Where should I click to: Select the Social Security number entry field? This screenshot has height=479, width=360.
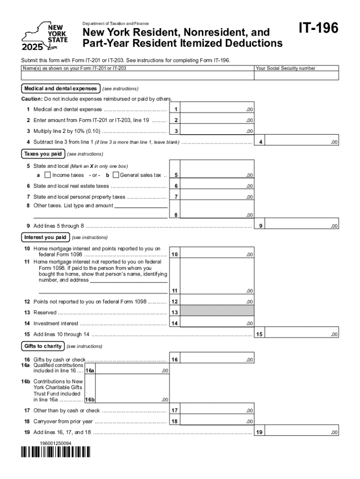[x=296, y=76]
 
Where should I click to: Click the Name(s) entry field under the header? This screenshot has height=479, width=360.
[x=137, y=76]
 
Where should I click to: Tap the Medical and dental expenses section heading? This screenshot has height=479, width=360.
[x=60, y=88]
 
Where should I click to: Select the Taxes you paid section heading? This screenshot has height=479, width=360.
[x=43, y=154]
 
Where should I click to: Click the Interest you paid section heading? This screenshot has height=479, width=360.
[x=45, y=237]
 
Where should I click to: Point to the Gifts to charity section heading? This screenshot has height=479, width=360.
[x=43, y=346]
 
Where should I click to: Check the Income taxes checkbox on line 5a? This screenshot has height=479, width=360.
[x=47, y=175]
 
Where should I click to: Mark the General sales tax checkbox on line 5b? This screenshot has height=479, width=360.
[x=115, y=175]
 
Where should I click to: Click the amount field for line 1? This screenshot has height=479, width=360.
[x=217, y=109]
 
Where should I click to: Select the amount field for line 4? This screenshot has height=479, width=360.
[x=303, y=142]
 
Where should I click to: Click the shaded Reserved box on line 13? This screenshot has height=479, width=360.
[x=217, y=312]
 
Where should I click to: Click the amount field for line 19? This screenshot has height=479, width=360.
[x=303, y=433]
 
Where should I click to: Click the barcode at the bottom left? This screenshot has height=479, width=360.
[x=56, y=452]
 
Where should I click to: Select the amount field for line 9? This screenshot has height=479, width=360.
[x=303, y=226]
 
